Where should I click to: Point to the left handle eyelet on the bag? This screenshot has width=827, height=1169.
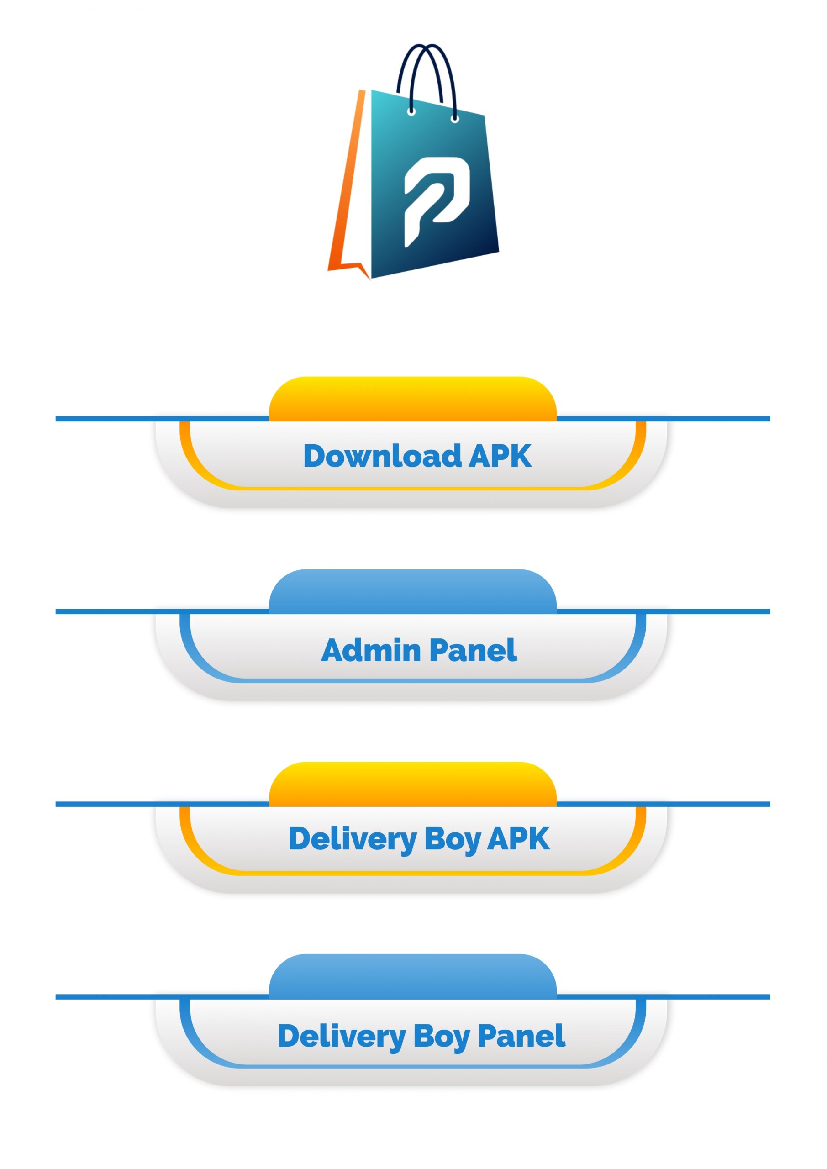coord(411,111)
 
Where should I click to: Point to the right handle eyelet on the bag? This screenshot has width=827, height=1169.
coord(455,119)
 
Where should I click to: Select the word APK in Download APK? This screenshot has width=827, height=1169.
coord(500,456)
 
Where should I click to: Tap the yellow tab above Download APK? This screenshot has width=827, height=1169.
coord(412,399)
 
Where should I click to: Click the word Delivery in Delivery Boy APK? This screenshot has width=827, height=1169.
coord(353,839)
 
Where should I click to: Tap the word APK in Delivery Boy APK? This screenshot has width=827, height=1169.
coord(518,838)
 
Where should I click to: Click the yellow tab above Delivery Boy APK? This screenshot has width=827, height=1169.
coord(412,784)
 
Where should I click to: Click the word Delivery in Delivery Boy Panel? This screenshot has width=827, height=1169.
coord(341,1036)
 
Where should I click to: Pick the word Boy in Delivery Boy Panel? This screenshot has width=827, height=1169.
coord(441,1036)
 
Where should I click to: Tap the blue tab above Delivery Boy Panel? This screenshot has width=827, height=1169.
coord(412,977)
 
